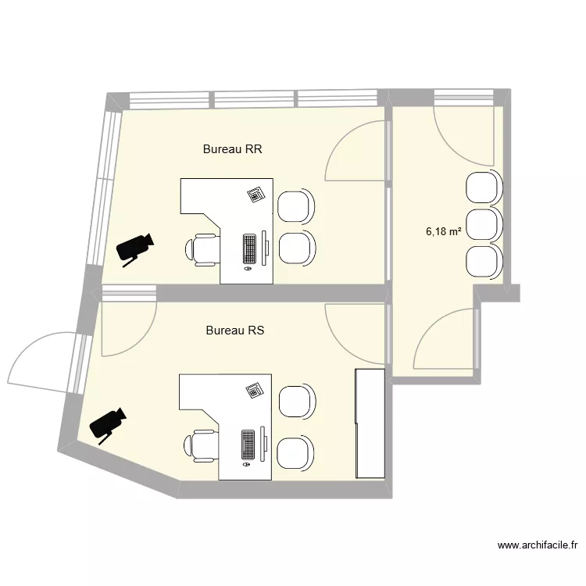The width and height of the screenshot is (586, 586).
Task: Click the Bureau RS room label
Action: [235, 331]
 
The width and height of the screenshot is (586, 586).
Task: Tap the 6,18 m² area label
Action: [443, 231]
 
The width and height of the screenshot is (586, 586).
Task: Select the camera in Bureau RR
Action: [134, 248]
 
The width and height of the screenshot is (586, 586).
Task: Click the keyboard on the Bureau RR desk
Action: [250, 248]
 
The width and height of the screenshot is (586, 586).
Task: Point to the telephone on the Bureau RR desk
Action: [255, 195]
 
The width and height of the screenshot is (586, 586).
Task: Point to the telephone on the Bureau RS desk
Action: [254, 390]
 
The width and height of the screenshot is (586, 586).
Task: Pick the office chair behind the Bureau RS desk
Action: [201, 445]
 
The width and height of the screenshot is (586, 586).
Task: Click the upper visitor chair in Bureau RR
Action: [297, 206]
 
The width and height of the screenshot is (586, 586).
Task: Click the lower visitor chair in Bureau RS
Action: [296, 454]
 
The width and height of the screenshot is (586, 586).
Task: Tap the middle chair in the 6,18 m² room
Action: [483, 224]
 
